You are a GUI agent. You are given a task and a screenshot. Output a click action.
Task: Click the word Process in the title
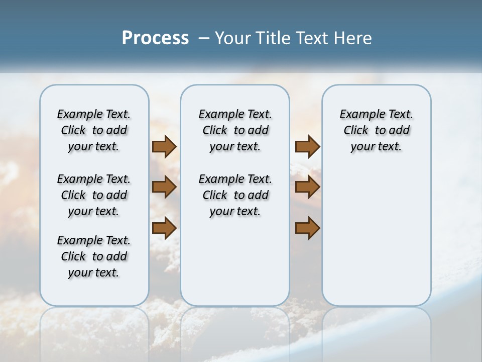[155, 38]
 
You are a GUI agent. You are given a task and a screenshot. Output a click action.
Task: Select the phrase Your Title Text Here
[293, 38]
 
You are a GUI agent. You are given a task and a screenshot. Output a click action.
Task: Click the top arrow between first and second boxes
[164, 147]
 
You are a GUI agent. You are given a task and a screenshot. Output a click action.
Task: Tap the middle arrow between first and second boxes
[164, 188]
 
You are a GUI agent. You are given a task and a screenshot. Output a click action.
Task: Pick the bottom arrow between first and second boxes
[164, 228]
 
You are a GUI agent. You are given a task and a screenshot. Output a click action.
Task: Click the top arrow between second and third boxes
[307, 147]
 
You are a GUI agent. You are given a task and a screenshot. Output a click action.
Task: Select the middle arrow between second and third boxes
[307, 188]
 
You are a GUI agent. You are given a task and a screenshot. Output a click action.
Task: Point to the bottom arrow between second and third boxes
[307, 228]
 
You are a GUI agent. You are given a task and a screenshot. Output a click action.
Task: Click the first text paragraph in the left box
[94, 130]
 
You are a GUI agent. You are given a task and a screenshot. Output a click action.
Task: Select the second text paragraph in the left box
[94, 195]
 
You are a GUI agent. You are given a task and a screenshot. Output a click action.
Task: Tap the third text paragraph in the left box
[94, 256]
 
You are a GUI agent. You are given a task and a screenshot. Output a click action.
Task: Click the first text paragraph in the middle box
[235, 130]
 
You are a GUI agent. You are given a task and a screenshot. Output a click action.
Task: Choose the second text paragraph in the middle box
[235, 195]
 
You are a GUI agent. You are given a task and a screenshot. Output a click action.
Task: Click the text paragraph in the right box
[376, 130]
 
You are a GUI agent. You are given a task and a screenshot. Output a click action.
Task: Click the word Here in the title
[354, 38]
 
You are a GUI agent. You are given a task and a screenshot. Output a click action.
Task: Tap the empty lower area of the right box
[376, 241]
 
